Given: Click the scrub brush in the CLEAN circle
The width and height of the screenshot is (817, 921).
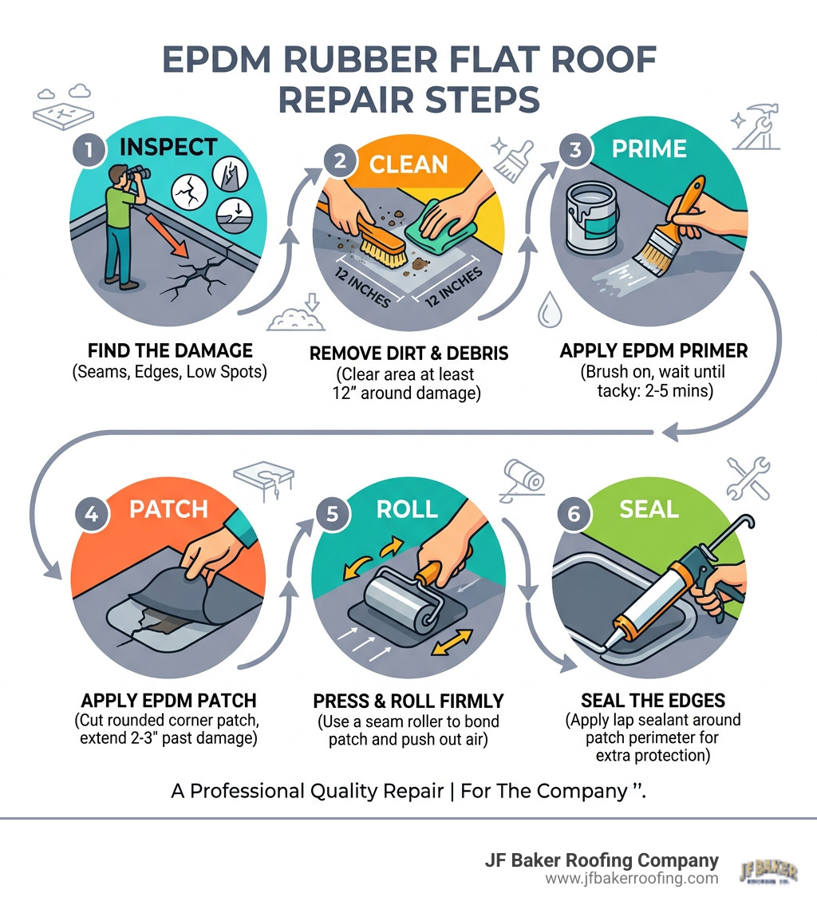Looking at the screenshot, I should (x=381, y=239).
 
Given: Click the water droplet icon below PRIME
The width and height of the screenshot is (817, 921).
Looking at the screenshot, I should (x=548, y=311).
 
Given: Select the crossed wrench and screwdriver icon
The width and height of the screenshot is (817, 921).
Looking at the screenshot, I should (x=747, y=478).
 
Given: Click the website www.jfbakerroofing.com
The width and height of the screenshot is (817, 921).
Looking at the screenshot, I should (x=631, y=879).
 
